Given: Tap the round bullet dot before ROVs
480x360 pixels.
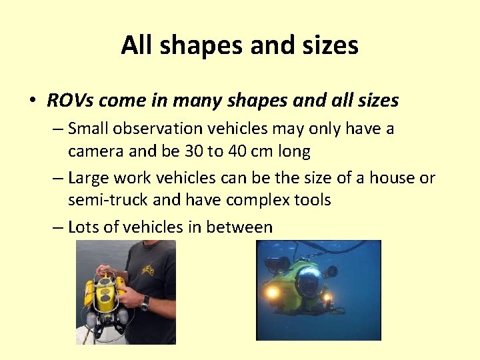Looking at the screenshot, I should click(32, 101).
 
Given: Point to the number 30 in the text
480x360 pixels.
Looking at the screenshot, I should click(194, 151).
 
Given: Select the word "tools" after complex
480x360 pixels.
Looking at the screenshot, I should click(311, 200).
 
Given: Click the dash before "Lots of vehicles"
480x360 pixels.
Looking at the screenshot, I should click(58, 227).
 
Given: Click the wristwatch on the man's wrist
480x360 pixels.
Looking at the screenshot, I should click(144, 301).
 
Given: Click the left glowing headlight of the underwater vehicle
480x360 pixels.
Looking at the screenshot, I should click(272, 292).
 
